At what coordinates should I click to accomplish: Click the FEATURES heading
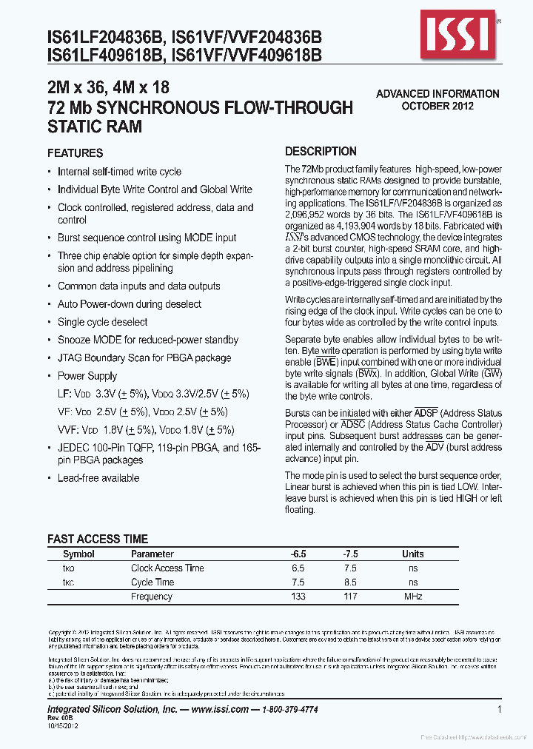coord(75,153)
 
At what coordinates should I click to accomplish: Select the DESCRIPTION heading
coord(321,151)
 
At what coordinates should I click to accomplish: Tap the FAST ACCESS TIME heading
coord(98,539)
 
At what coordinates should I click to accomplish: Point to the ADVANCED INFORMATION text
coord(438,94)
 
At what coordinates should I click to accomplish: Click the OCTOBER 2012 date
coord(438,106)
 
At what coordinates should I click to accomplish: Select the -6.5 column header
coord(298,554)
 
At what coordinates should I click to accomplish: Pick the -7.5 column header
coord(350,554)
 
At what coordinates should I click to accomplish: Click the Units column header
coord(413,554)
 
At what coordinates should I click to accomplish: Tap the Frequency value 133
coord(298,597)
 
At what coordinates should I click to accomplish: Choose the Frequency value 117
coord(350,597)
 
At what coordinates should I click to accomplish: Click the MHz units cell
coord(413,597)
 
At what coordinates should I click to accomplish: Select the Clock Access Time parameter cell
coord(167,568)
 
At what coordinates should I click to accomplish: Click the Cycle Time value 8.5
coord(350,582)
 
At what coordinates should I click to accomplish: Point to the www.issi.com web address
coord(219,709)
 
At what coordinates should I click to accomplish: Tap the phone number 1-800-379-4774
coord(289,709)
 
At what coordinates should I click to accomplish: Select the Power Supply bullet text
coord(87,376)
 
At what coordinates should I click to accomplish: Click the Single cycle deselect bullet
coord(102,322)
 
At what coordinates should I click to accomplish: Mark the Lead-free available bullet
coord(98,478)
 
